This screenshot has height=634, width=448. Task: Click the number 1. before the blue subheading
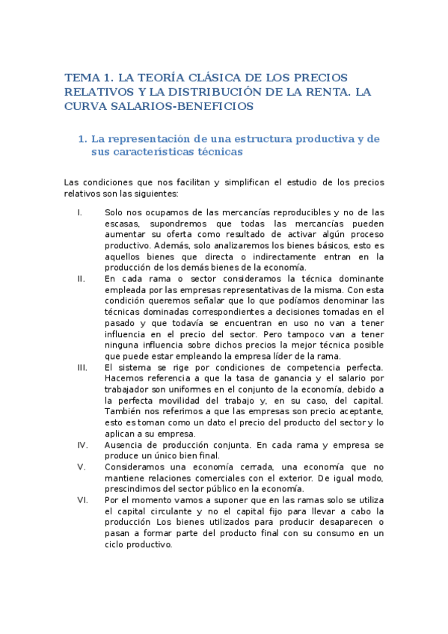point(82,138)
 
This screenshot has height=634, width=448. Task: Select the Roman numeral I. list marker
point(80,213)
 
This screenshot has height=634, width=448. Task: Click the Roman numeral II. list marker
point(81,278)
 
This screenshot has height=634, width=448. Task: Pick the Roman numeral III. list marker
point(82,367)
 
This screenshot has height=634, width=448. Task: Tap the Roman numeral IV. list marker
point(82,444)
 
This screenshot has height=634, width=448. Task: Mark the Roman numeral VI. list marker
point(82,499)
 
